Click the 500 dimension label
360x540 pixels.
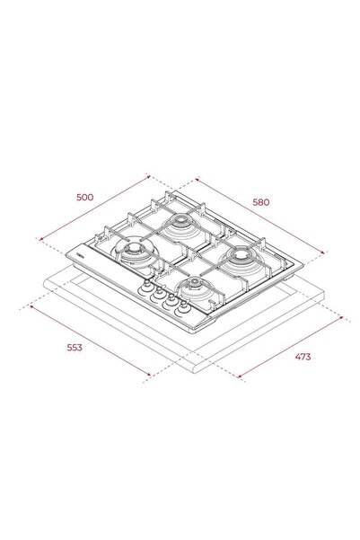click(x=84, y=198)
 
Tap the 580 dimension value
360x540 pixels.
click(x=261, y=202)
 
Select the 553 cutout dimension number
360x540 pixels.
click(x=75, y=348)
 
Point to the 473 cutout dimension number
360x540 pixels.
click(x=303, y=357)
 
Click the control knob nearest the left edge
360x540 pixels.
click(x=145, y=288)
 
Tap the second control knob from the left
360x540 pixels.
click(x=158, y=294)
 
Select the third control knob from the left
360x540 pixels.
click(x=170, y=300)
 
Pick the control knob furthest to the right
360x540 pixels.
click(x=183, y=307)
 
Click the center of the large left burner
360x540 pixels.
click(x=133, y=248)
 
